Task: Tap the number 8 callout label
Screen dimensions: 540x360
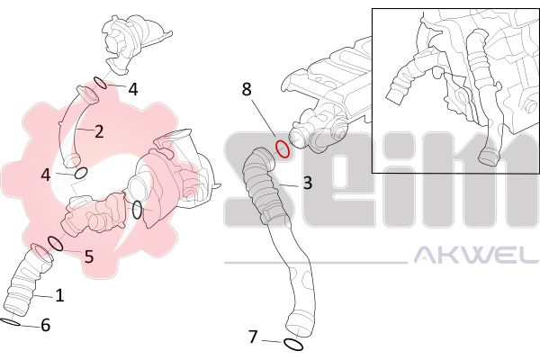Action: click(247, 90)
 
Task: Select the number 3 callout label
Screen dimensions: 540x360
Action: click(308, 183)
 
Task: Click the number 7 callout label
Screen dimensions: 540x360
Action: click(253, 337)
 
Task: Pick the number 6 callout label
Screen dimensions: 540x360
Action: click(46, 325)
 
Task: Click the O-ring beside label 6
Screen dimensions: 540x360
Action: click(10, 323)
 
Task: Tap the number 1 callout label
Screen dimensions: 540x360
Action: click(60, 295)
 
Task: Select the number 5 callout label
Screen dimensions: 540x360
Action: click(89, 256)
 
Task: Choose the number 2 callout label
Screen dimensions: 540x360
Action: click(99, 131)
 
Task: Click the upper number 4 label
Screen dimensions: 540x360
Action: click(133, 90)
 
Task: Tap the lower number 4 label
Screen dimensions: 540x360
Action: click(46, 175)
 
